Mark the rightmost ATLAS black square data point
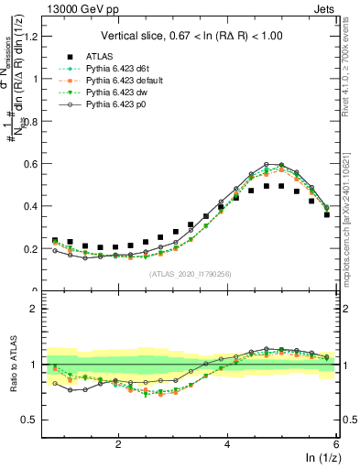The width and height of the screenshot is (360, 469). [x=327, y=214]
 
